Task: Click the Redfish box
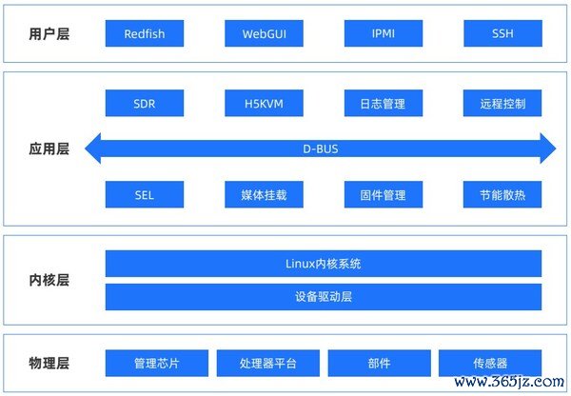point(145,33)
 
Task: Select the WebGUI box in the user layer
point(264,33)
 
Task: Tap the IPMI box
point(384,33)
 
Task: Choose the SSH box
point(502,33)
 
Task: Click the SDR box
point(145,104)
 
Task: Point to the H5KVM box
point(264,104)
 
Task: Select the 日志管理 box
point(384,104)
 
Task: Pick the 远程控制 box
point(502,104)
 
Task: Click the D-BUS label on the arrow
point(321,149)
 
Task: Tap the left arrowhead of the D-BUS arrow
point(92,148)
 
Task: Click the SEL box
point(145,194)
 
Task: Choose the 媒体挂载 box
point(264,194)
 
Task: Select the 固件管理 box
point(384,194)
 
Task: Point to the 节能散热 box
point(502,194)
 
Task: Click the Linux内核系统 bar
point(324,264)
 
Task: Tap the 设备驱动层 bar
point(324,297)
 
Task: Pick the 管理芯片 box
point(157,364)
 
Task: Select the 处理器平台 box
point(268,364)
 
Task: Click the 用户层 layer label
point(49,34)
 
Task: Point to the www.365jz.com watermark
point(509,382)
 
